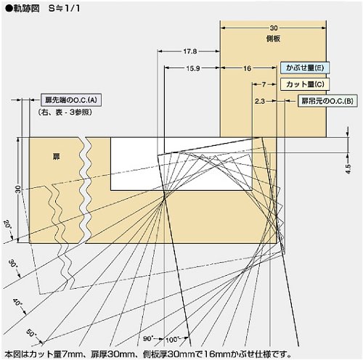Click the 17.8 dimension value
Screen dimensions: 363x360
[190, 52]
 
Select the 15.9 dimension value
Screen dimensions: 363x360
[193, 68]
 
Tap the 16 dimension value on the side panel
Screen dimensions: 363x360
[247, 68]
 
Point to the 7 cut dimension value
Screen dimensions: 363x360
[264, 84]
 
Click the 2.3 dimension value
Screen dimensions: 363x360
[260, 101]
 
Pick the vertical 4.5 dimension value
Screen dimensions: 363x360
[348, 168]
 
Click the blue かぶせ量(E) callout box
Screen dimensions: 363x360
[305, 67]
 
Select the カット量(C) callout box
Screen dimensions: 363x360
[305, 84]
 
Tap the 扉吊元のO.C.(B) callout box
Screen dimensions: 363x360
[327, 101]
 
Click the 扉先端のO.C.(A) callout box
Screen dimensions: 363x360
[71, 99]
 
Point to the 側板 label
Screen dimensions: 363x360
[273, 38]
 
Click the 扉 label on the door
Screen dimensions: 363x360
[57, 157]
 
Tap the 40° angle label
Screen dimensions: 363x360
[17, 302]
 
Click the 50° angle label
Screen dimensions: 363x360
[31, 334]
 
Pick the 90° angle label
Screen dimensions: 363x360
[147, 338]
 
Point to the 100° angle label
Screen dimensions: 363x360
[172, 340]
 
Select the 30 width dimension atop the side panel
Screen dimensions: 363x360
[274, 28]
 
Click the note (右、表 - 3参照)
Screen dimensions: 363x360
[65, 112]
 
